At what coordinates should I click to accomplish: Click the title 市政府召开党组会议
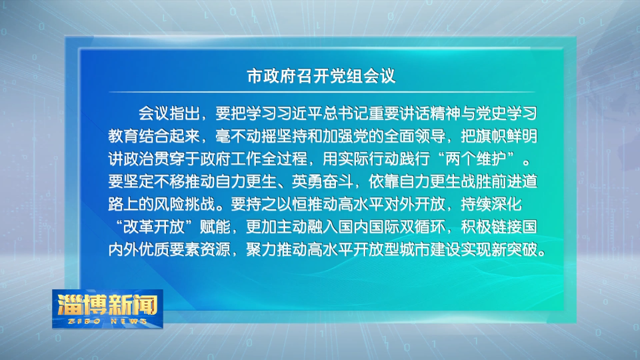[x=321, y=76]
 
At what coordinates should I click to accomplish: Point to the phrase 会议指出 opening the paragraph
[x=169, y=113]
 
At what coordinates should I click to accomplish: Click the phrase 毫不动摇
[x=246, y=136]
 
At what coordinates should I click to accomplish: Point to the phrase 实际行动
[x=368, y=159]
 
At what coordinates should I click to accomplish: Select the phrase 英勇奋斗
[x=323, y=181]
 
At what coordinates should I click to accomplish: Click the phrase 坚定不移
[x=154, y=181]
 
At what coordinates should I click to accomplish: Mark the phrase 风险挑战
[x=185, y=204]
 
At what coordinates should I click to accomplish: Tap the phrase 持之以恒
[x=276, y=204]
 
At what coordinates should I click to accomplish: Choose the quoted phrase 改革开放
[x=154, y=227]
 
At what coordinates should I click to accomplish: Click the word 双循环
[x=422, y=227]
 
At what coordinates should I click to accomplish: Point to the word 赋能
[x=215, y=227]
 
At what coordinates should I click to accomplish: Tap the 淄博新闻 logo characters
[x=107, y=305]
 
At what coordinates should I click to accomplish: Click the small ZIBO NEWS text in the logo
[x=108, y=321]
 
